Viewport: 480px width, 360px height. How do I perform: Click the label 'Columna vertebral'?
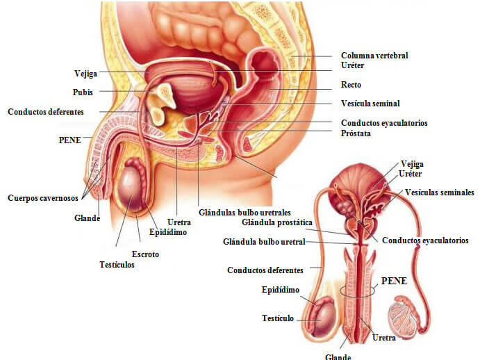pos(374,56)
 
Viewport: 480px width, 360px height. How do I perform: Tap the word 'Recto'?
pos(351,85)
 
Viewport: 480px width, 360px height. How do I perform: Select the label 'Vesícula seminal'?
pos(370,104)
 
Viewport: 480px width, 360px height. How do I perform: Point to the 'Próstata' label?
pos(356,133)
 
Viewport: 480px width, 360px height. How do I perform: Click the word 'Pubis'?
pos(83,92)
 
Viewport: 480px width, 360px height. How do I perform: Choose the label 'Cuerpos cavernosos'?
pos(43,198)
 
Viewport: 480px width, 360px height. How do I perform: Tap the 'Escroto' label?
pos(145,254)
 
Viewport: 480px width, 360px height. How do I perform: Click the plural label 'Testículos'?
pos(117,265)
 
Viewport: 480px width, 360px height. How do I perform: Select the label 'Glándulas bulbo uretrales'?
pos(245,213)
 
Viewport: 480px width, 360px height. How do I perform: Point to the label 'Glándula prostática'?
pos(277,222)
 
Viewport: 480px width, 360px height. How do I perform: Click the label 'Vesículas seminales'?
pos(440,193)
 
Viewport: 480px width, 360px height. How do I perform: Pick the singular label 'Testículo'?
pos(278,318)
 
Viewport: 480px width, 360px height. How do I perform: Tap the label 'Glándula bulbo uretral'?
pos(264,242)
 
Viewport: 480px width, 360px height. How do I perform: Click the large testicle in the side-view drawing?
pos(132,190)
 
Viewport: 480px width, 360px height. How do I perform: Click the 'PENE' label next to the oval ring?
pos(394,281)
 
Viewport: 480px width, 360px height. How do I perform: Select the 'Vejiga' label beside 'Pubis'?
pos(85,74)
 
